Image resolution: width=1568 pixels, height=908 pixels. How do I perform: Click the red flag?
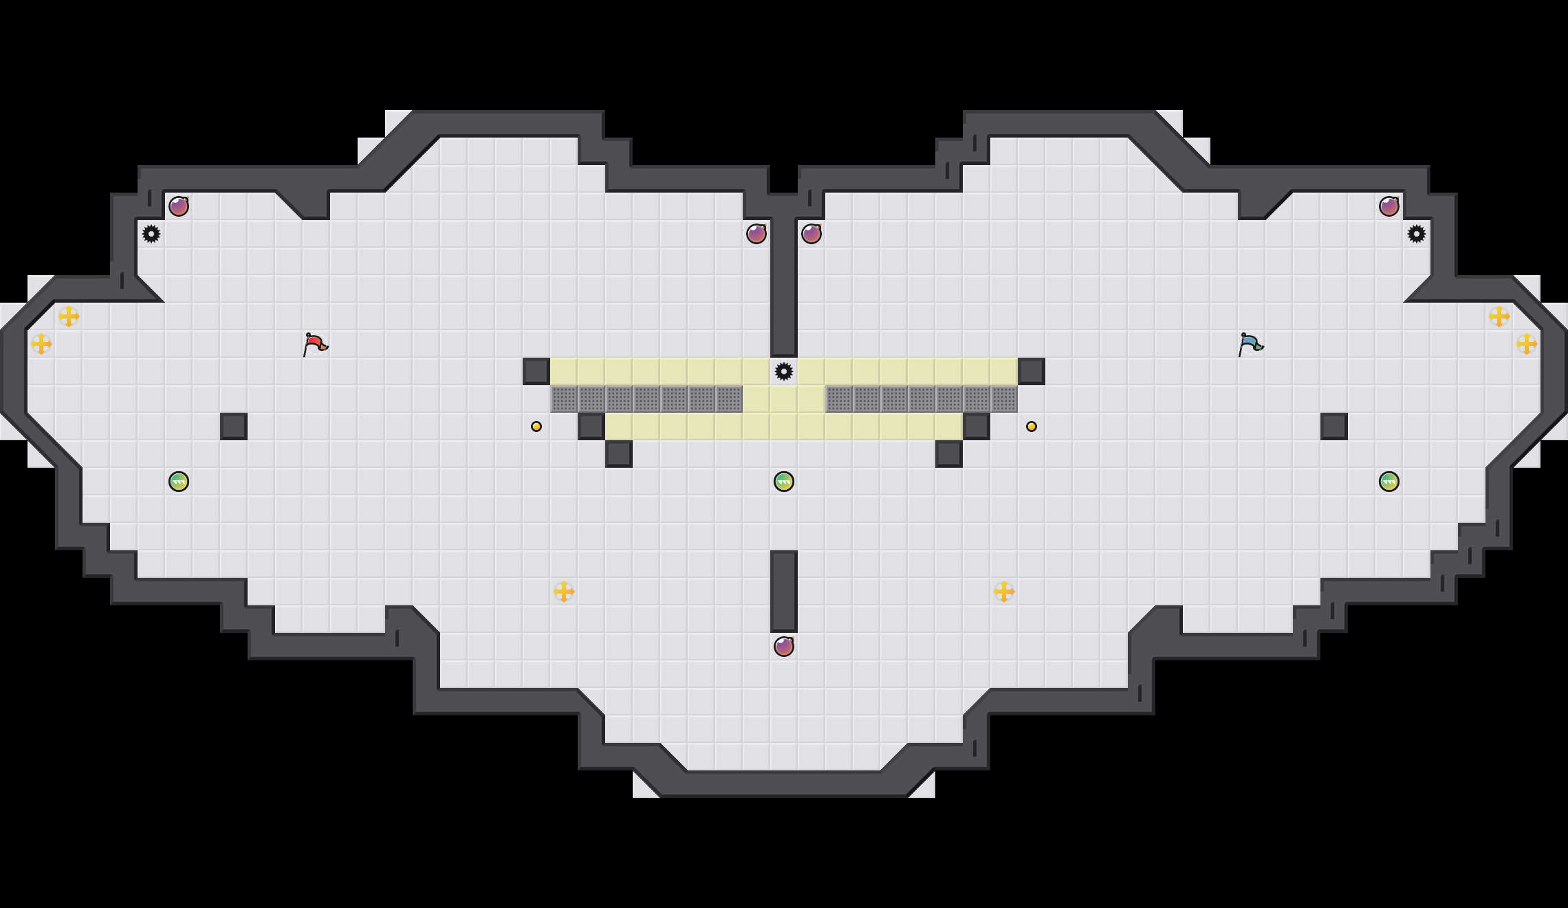pyautogui.click(x=315, y=344)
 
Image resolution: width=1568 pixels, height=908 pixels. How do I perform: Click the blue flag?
pyautogui.click(x=1250, y=344)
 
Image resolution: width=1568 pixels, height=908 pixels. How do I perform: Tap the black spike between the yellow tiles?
pyautogui.click(x=784, y=371)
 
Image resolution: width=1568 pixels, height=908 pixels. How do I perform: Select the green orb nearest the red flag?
pyautogui.click(x=179, y=482)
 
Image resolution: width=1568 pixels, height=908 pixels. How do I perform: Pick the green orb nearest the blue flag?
pyautogui.click(x=1389, y=482)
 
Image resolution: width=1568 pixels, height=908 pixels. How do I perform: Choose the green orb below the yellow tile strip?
pyautogui.click(x=784, y=482)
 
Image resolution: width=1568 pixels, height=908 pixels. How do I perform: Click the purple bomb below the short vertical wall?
pyautogui.click(x=784, y=647)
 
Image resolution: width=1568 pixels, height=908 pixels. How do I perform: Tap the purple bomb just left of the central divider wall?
pyautogui.click(x=756, y=234)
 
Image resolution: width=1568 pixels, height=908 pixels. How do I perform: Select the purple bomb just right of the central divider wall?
pyautogui.click(x=812, y=234)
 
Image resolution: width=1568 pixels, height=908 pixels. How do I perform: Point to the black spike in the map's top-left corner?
pyautogui.click(x=151, y=234)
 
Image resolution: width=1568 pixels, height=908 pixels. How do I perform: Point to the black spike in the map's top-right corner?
pyautogui.click(x=1417, y=234)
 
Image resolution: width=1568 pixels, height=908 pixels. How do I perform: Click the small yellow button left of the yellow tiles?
pyautogui.click(x=536, y=426)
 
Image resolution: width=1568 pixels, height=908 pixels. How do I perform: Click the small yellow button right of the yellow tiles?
pyautogui.click(x=1032, y=426)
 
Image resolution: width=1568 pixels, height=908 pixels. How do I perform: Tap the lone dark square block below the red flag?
pyautogui.click(x=234, y=426)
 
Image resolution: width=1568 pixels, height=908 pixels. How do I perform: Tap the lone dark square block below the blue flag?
pyautogui.click(x=1334, y=426)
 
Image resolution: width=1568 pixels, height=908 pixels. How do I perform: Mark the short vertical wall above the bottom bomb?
pyautogui.click(x=784, y=592)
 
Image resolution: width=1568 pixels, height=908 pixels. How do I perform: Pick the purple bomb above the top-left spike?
pyautogui.click(x=179, y=206)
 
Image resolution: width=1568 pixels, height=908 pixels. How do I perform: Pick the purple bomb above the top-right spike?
pyautogui.click(x=1389, y=206)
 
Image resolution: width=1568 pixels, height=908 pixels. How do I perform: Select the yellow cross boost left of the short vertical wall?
pyautogui.click(x=564, y=592)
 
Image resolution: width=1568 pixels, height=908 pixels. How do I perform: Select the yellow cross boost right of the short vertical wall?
pyautogui.click(x=1004, y=592)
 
